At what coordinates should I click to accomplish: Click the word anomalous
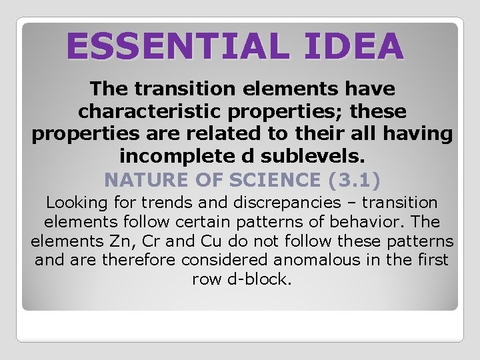point(289,260)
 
